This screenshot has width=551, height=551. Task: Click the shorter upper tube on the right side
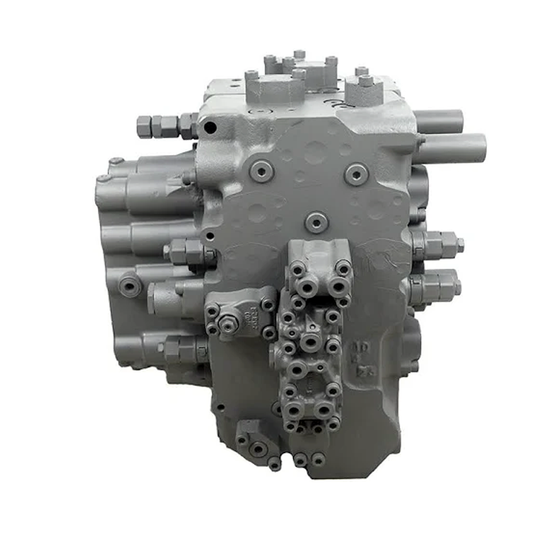pos(441,121)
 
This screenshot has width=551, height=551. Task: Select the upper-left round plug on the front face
pos(262,170)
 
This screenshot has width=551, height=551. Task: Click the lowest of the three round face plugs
pos(315,222)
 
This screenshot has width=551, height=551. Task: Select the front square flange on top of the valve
pos(275,88)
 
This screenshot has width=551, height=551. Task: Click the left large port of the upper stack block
pos(305,281)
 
